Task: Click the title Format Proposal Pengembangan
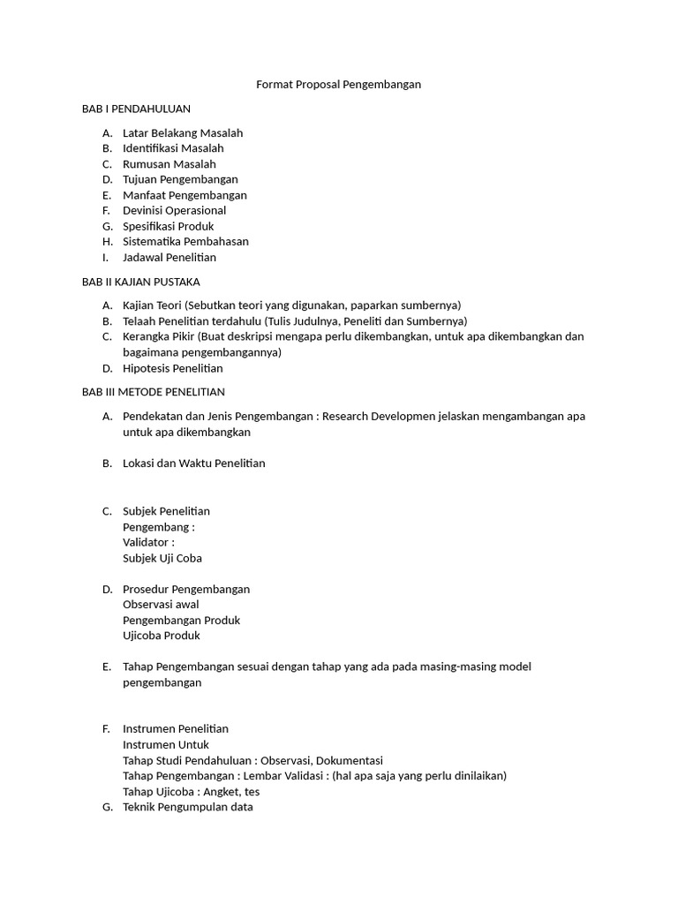[338, 85]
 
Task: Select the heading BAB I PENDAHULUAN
[136, 109]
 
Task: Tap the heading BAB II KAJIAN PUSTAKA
[141, 282]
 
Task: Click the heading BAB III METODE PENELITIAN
[154, 391]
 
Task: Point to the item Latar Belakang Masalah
[183, 133]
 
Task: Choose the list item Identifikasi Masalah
[173, 148]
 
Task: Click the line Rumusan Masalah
[169, 164]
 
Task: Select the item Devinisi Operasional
[174, 210]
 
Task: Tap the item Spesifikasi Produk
[168, 226]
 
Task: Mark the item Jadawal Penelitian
[169, 258]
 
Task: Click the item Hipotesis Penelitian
[172, 368]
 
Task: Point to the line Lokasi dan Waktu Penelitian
[193, 463]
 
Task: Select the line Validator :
[148, 542]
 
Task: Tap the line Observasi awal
[161, 605]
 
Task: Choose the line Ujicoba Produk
[162, 636]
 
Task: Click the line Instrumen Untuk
[166, 744]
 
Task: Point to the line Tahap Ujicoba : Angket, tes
[191, 791]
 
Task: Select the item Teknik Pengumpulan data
[188, 807]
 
